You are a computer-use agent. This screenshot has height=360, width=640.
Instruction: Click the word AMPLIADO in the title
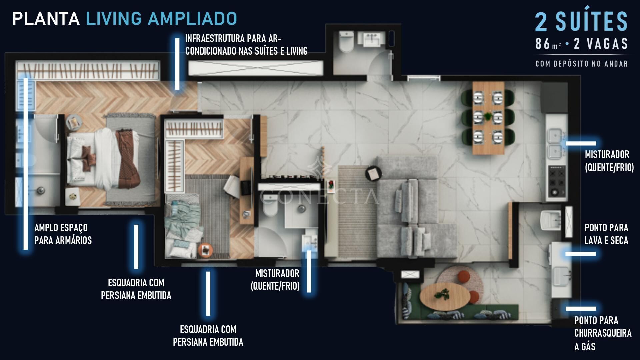193,19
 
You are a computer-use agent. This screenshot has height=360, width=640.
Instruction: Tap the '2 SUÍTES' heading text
581,22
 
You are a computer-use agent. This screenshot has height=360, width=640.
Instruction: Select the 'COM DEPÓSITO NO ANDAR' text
582,64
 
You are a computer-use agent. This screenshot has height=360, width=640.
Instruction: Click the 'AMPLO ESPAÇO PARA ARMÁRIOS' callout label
63,234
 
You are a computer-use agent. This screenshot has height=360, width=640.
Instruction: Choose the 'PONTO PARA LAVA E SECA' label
606,234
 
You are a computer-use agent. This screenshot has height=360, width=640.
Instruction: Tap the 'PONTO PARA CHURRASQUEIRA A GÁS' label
603,333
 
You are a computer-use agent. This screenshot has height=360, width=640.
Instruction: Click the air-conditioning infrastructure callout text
246,45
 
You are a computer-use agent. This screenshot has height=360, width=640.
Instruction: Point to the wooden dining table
488,118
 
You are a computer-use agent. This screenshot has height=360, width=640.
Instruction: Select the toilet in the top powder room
346,42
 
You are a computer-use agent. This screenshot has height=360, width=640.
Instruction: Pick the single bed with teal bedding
184,227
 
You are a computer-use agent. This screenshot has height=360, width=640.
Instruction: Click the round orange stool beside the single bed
205,250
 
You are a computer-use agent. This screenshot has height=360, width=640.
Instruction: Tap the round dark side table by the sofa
373,174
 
